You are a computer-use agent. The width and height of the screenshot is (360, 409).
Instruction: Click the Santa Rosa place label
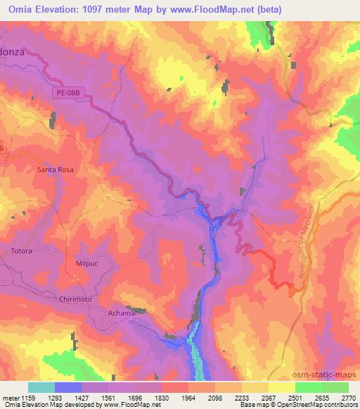56,169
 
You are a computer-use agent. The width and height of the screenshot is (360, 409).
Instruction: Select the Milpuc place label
89,263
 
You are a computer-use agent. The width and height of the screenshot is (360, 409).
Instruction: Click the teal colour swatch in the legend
41,387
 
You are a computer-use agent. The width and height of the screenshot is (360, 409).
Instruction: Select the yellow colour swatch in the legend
282,387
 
